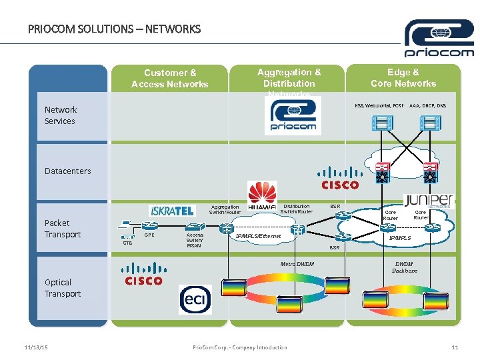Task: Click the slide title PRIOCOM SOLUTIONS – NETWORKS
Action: (114, 29)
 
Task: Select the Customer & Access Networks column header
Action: (170, 78)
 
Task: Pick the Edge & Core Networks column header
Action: (403, 77)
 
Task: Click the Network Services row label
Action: (60, 115)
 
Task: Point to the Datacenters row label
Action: (68, 171)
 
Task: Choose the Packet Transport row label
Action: (63, 229)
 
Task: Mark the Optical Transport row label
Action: (63, 288)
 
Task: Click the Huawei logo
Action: (262, 196)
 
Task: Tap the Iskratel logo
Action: (172, 211)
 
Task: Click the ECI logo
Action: (195, 299)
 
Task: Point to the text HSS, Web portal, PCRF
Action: (379, 105)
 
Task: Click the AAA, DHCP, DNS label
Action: (428, 105)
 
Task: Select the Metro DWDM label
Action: (297, 265)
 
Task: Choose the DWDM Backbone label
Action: (405, 267)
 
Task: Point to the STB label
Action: (127, 243)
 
